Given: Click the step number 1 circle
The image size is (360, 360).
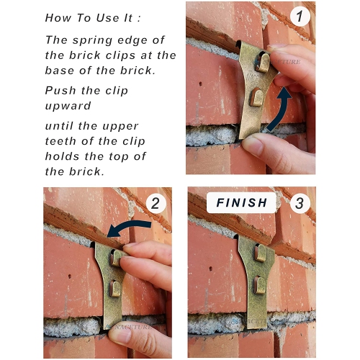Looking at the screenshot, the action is pyautogui.click(x=300, y=17).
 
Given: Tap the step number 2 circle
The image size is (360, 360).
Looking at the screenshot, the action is pyautogui.click(x=156, y=203).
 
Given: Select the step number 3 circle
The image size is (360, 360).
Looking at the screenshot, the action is pyautogui.click(x=300, y=203).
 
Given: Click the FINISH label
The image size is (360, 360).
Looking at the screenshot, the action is pyautogui.click(x=241, y=202).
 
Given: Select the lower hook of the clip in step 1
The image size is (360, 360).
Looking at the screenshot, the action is pyautogui.click(x=256, y=97).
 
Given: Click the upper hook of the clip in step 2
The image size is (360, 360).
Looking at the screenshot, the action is pyautogui.click(x=116, y=258).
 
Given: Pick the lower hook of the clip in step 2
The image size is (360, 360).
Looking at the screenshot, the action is pyautogui.click(x=114, y=289).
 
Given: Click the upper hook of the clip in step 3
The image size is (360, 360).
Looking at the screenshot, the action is pyautogui.click(x=260, y=253).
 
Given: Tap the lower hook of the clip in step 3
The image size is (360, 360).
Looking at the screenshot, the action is pyautogui.click(x=259, y=285).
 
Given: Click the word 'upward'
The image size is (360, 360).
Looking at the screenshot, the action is pyautogui.click(x=68, y=106).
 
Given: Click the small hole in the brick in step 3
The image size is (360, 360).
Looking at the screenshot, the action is pyautogui.click(x=211, y=269).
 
